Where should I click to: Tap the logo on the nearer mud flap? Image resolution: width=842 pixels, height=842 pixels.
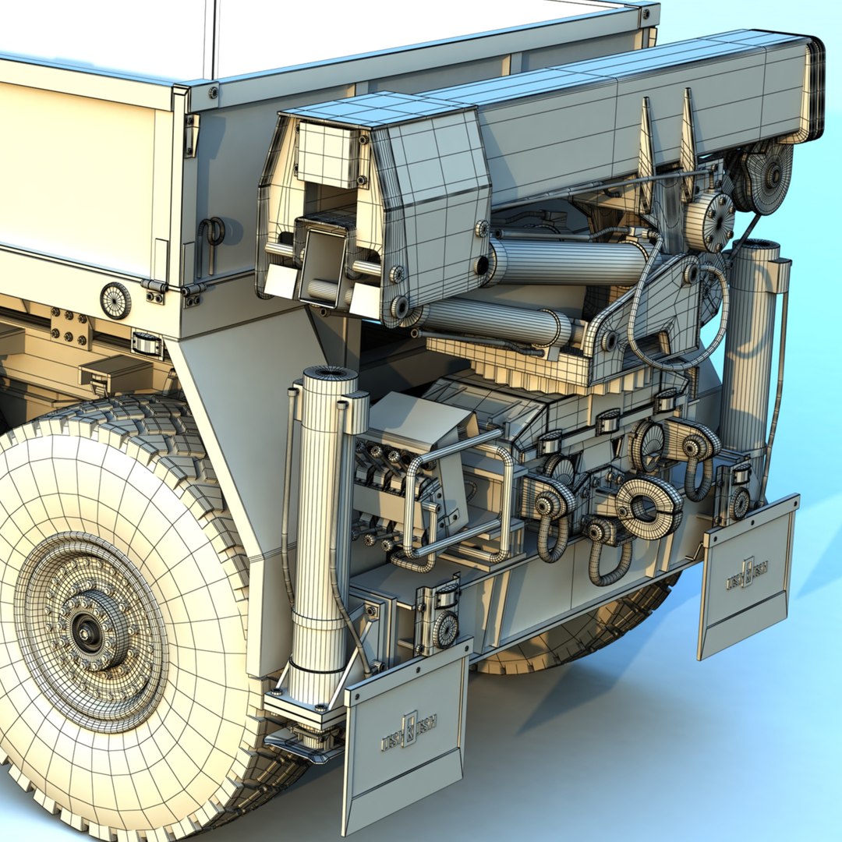click(x=409, y=731)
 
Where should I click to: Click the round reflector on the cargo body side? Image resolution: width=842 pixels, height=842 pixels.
click(x=115, y=300)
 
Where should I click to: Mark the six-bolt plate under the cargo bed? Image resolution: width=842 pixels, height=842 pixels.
click(x=71, y=327)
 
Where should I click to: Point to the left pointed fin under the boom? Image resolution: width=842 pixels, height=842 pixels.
click(x=646, y=148)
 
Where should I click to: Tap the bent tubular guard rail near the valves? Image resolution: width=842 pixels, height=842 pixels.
click(x=460, y=499)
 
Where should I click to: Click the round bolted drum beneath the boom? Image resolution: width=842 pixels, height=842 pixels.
click(x=709, y=220)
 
